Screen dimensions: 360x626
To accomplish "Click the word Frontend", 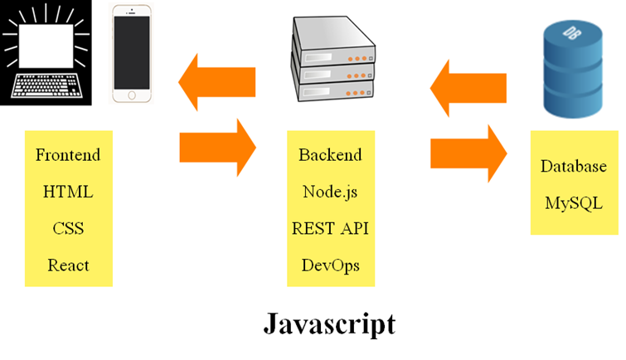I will click(68, 155).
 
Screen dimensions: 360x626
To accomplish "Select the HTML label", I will click(68, 192).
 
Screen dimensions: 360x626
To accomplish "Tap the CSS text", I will click(68, 229).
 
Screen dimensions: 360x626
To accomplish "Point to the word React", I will click(68, 265).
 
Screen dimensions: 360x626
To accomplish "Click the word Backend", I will click(330, 155).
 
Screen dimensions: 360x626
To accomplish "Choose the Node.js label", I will click(330, 192).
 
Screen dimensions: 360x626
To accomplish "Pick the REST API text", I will click(330, 229).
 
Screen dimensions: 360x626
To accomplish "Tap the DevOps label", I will click(330, 265).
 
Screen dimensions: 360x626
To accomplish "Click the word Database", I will click(574, 166).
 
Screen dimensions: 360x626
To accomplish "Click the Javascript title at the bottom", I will click(329, 323).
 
